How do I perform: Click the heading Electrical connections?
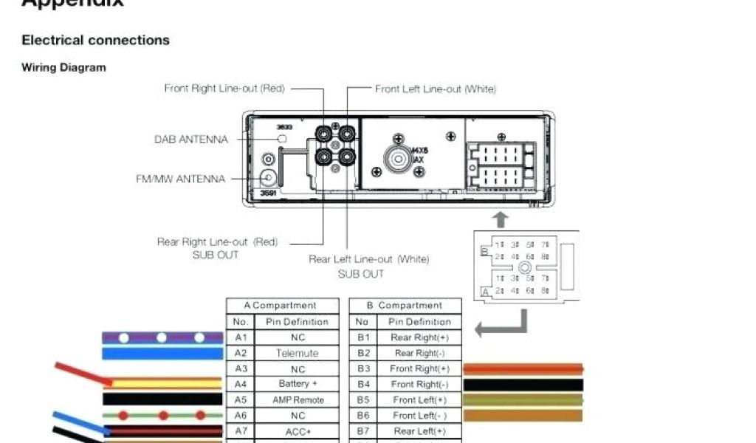(x=95, y=40)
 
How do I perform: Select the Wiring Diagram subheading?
(x=63, y=67)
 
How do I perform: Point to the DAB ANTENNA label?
(x=191, y=139)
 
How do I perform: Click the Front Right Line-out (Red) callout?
(x=224, y=89)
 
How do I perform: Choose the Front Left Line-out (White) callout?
(x=436, y=89)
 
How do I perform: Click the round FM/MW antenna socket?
(x=269, y=177)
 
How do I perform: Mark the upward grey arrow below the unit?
(x=501, y=219)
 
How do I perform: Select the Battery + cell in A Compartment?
(x=298, y=384)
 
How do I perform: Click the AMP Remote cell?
(x=298, y=399)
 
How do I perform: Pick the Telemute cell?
(x=298, y=353)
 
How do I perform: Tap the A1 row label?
(x=241, y=337)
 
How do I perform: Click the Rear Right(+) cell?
(x=419, y=337)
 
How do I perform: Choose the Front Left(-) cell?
(x=419, y=416)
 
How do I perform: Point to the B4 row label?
(x=363, y=384)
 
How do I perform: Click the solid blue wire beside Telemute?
(x=162, y=353)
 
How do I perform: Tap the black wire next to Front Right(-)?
(x=523, y=385)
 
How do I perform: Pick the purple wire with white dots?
(x=162, y=337)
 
